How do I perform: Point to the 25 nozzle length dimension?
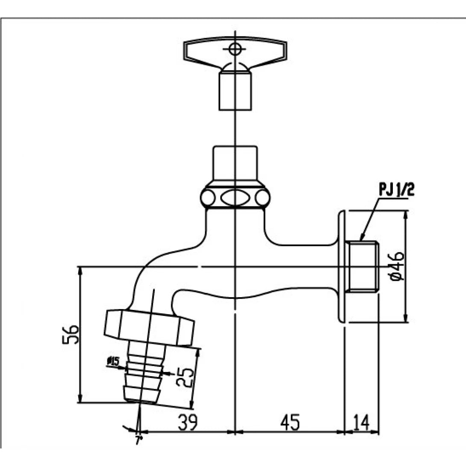click(x=186, y=377)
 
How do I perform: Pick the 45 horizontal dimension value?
click(x=290, y=423)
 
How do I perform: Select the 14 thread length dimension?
click(x=362, y=423)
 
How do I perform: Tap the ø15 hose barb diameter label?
click(x=113, y=362)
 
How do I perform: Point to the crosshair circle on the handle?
click(x=235, y=49)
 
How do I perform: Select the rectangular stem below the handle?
click(x=234, y=91)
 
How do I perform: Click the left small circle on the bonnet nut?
click(x=208, y=198)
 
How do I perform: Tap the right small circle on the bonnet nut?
click(x=262, y=198)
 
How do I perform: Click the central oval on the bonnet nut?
click(x=235, y=198)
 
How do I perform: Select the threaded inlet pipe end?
click(x=362, y=266)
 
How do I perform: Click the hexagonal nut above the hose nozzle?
click(x=150, y=327)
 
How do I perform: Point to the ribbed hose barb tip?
click(x=143, y=376)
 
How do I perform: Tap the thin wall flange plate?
click(x=342, y=266)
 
